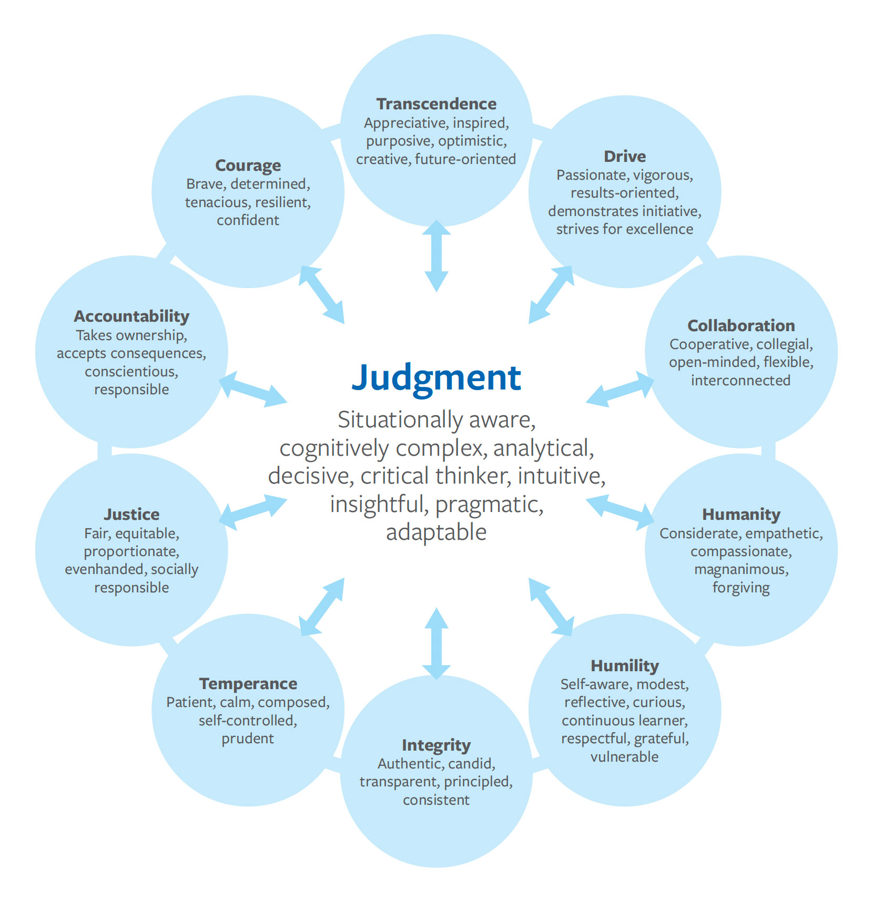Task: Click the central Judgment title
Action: click(x=436, y=378)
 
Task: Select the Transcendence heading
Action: click(x=436, y=104)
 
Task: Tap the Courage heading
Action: click(x=248, y=166)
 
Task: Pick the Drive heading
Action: click(x=625, y=157)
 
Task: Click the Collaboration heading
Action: click(x=741, y=326)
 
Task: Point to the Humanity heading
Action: click(x=741, y=515)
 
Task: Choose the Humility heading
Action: click(x=625, y=666)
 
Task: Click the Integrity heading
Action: click(x=436, y=745)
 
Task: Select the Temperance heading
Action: click(x=248, y=684)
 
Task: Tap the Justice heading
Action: click(x=131, y=515)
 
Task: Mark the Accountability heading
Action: click(x=131, y=316)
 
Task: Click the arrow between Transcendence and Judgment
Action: click(x=436, y=256)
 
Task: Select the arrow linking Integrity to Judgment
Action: click(x=436, y=643)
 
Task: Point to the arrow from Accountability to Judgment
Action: click(x=253, y=389)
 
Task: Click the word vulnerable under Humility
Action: click(x=624, y=757)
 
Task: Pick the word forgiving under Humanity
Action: click(x=741, y=588)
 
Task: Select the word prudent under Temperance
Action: click(x=248, y=739)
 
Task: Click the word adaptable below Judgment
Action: click(x=436, y=532)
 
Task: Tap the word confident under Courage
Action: click(x=248, y=220)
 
